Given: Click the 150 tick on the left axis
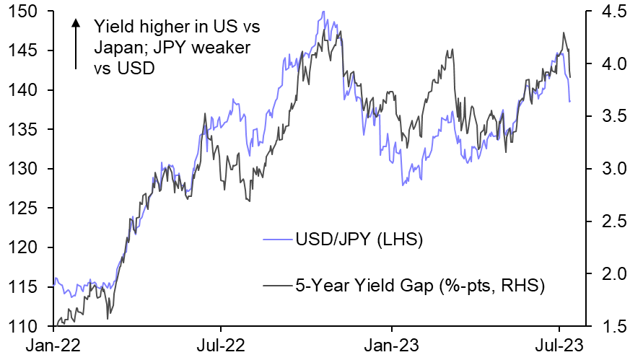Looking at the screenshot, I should coord(27,12).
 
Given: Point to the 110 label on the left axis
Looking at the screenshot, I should coord(27,327).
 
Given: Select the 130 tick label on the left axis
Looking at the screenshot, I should coord(27,170).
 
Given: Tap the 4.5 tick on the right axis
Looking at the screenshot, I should coord(603,12).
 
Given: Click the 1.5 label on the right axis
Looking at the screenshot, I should coord(603,327).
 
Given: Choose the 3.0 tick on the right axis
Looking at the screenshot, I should coord(603,170).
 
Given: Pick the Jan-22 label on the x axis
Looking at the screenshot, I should coord(54,345).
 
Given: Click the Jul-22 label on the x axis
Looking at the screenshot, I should coord(219,345).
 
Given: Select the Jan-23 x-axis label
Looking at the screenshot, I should coord(393,345).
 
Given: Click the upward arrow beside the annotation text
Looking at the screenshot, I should coord(75,43).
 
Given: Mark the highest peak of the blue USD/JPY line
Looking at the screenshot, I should coord(323,12).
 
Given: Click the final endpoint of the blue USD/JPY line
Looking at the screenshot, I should coord(569,102).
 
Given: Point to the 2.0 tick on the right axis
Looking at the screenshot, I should coord(603,274).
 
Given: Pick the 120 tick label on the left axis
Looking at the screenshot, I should coord(27,248).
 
